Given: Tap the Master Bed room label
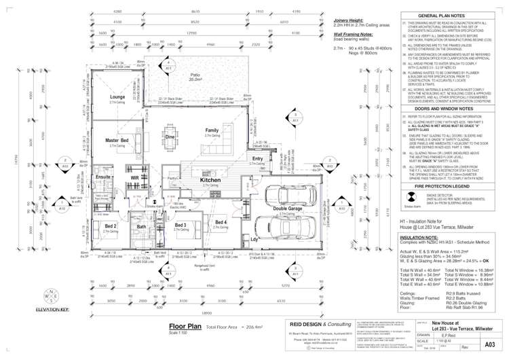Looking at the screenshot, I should [117, 141].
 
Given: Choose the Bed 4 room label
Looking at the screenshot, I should [221, 222].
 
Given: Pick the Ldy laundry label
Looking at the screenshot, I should [254, 239].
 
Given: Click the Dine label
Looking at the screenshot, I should [170, 137].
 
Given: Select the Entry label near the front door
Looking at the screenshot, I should [257, 158].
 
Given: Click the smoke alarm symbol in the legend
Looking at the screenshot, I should [412, 198].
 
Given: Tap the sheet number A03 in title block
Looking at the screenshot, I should [487, 345].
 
